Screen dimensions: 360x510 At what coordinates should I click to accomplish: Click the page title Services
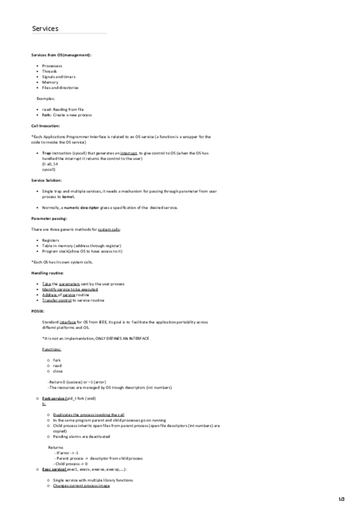click(x=45, y=28)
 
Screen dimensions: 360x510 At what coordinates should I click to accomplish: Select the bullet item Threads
click(x=49, y=71)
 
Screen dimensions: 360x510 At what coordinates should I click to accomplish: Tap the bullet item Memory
click(x=50, y=82)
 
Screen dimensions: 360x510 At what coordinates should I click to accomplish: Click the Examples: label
click(x=46, y=98)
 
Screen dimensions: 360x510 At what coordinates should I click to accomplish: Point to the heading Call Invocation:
click(x=47, y=126)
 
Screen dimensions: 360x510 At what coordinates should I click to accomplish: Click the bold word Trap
click(x=46, y=153)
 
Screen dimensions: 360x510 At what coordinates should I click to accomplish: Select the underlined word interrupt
click(x=129, y=153)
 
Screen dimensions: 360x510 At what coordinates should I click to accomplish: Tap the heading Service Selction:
click(x=46, y=180)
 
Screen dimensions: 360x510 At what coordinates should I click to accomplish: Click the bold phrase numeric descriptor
click(x=81, y=207)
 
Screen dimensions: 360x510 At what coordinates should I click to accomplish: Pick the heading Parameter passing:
click(x=49, y=218)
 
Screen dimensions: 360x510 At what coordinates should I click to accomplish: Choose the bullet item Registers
click(x=50, y=240)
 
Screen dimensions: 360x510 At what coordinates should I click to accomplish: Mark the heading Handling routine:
click(x=47, y=273)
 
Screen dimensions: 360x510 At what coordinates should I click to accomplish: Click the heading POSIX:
click(x=37, y=311)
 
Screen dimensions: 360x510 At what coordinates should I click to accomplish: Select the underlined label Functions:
click(x=51, y=349)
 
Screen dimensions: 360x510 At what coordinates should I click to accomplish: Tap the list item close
click(x=57, y=370)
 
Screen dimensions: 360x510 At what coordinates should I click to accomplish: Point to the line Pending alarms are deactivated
click(x=81, y=436)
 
